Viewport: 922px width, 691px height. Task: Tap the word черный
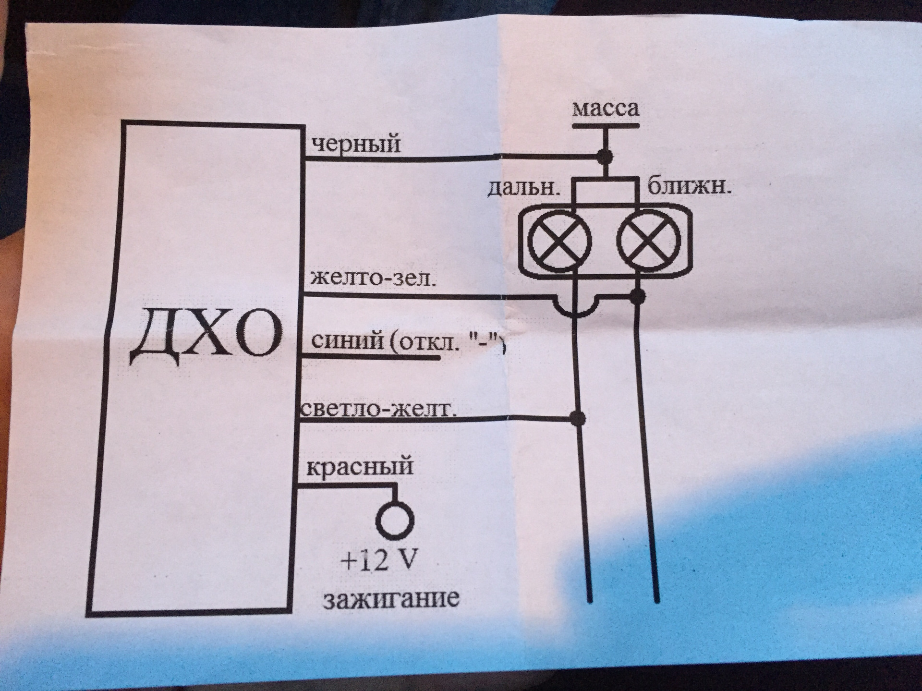click(355, 144)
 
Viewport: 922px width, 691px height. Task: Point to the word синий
click(347, 342)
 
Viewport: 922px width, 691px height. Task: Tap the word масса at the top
click(606, 109)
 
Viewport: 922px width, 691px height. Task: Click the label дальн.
click(524, 188)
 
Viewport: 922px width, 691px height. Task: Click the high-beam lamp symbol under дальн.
click(559, 241)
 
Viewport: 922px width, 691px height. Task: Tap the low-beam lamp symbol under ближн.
click(648, 241)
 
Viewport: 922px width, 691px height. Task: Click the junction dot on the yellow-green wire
click(637, 296)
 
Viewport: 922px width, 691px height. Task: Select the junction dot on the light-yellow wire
click(578, 418)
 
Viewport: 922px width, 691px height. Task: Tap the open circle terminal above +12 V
click(395, 519)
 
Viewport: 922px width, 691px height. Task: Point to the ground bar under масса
click(606, 126)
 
